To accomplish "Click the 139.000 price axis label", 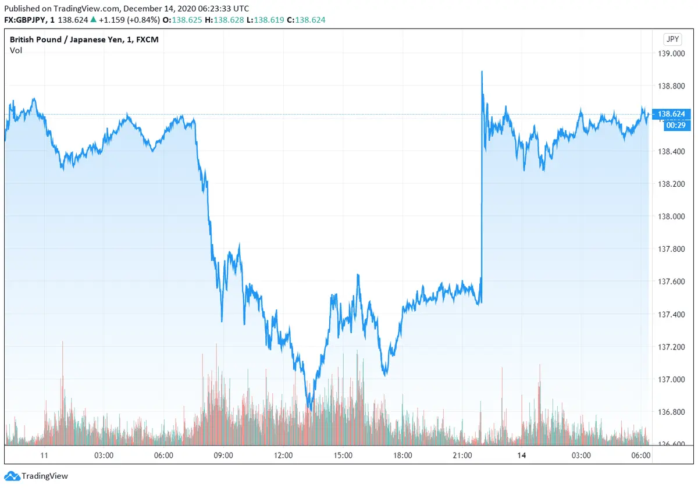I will point(671,54).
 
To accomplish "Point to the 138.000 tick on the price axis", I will point(671,216).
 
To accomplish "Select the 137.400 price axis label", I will point(671,314).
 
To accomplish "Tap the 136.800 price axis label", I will point(671,412).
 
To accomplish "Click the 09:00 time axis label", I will point(223,455).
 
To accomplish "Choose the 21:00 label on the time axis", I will point(462,455).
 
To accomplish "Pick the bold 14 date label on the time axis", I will point(521,455).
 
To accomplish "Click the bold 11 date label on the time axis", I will point(44,455).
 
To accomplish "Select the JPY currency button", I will point(672,40).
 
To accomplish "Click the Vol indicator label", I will point(16,51).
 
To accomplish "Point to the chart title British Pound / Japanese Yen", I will point(84,40).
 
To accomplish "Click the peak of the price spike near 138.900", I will point(482,72).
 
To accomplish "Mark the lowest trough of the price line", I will point(309,409).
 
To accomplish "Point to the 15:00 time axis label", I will point(343,455).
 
